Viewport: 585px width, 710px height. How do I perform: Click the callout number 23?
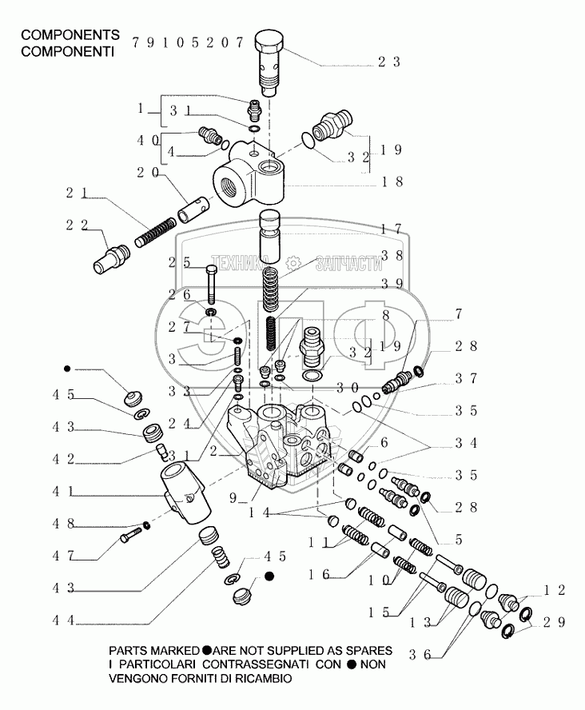pyautogui.click(x=389, y=62)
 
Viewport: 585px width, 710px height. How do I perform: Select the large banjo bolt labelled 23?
pyautogui.click(x=270, y=60)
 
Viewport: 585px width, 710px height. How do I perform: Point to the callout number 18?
pyautogui.click(x=391, y=181)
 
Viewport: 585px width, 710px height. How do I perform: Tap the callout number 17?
pyautogui.click(x=391, y=229)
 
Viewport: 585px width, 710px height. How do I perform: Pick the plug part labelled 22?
pyautogui.click(x=111, y=258)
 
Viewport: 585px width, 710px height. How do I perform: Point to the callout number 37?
pyautogui.click(x=468, y=378)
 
